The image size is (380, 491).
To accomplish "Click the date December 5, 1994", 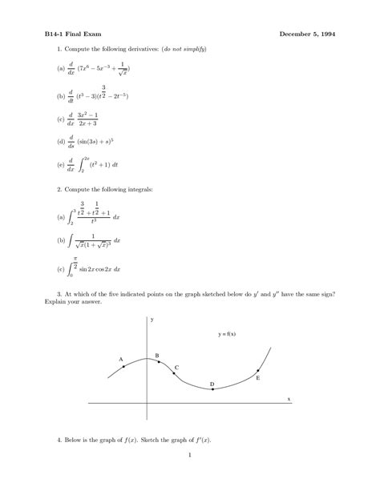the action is point(307,34).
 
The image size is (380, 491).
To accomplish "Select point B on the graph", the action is point(158,360).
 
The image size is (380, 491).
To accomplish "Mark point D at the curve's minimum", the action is point(212,389).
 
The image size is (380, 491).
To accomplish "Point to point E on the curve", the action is point(257,372).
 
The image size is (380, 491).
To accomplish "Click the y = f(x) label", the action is point(227,333).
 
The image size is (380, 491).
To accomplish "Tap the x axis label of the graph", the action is point(288,398).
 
